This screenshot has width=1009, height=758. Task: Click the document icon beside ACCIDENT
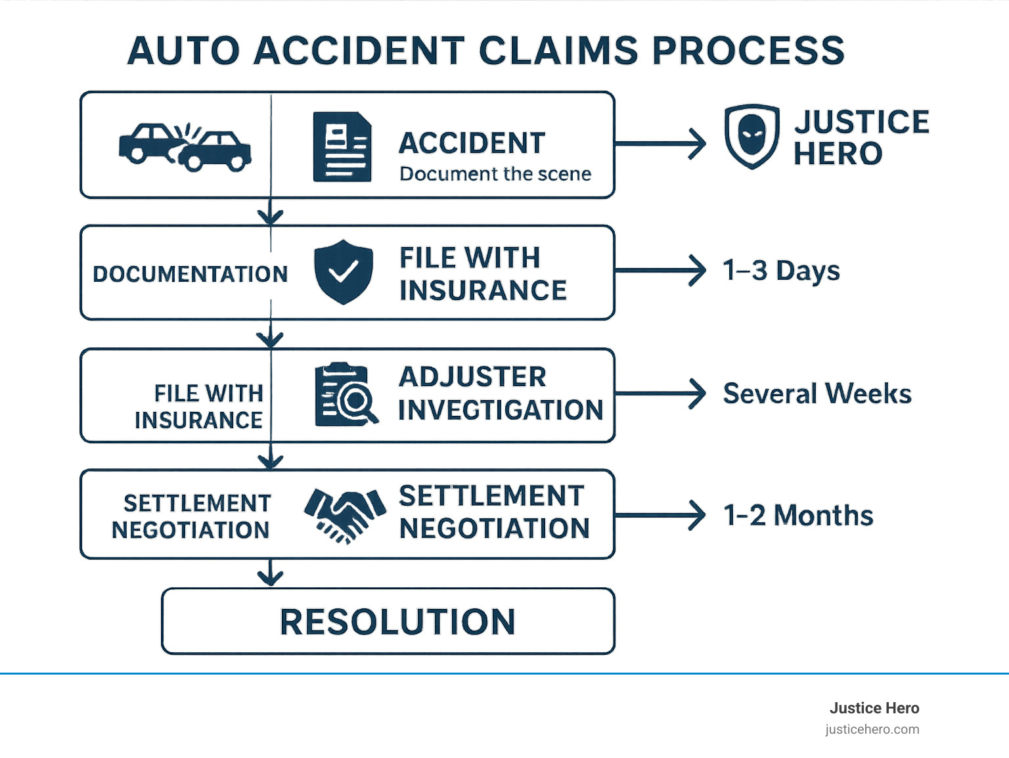[x=342, y=146]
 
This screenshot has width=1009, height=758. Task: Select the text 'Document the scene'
[x=495, y=174]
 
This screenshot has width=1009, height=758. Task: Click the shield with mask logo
[x=751, y=136]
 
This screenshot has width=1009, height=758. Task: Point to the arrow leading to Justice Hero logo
[x=660, y=143]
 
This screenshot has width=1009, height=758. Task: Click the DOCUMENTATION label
[x=190, y=274]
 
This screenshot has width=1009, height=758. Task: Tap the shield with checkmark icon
[x=343, y=272]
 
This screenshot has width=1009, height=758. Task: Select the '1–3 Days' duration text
[x=781, y=271]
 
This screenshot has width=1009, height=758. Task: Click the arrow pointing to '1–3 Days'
[x=660, y=271]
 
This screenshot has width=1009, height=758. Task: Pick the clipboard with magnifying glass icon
[x=346, y=394]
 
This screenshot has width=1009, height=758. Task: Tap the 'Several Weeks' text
[x=817, y=393]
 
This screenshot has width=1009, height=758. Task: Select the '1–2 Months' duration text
[x=798, y=516]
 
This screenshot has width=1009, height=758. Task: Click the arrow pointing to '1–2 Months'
[x=660, y=516]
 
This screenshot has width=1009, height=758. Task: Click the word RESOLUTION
[x=397, y=621]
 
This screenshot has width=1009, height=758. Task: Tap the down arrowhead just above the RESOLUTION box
[x=270, y=576]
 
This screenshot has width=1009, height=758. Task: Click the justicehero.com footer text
[x=872, y=729]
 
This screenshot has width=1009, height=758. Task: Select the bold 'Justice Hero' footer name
[x=874, y=708]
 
